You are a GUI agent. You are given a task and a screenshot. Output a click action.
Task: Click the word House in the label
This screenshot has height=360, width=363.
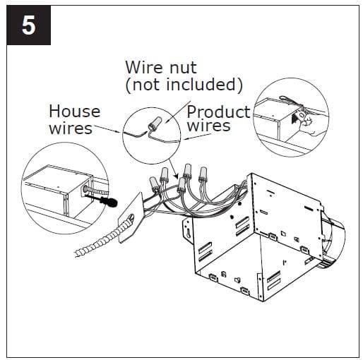coord(74,112)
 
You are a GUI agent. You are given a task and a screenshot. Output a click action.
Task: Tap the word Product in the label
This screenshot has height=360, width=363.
coord(218,112)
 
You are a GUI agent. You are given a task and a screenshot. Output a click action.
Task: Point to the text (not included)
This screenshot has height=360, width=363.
coord(184,85)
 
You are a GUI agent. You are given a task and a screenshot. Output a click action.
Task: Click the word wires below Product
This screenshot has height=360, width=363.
coord(209,126)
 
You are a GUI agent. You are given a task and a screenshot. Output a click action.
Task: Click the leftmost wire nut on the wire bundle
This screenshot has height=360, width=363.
coord(153,186)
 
